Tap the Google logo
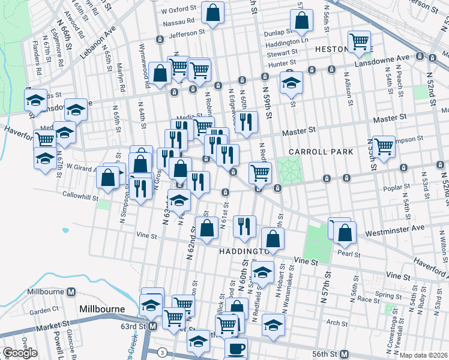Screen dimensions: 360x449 20,353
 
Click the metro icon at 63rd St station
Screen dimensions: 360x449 152,326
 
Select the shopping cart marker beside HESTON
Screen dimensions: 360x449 360,42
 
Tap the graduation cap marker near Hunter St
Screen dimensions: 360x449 291,82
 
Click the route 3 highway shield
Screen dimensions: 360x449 161,352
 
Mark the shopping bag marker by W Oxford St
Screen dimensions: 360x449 212,11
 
